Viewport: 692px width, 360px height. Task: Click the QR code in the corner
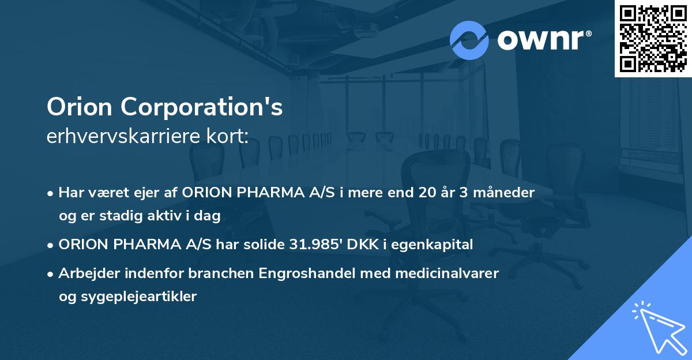[653, 38]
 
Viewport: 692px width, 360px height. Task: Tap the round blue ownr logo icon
[469, 40]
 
